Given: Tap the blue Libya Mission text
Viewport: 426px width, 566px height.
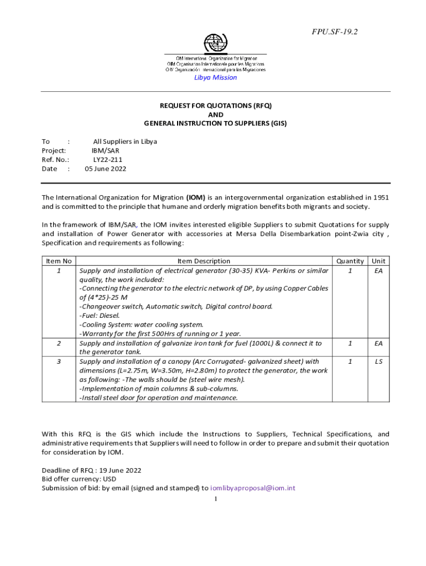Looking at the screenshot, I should point(215,77).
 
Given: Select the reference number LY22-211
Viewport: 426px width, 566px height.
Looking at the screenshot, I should point(104,160).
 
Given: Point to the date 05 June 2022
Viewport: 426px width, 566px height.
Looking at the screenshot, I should point(105,169).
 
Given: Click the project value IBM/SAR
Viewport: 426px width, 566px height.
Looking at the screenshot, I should point(105,150).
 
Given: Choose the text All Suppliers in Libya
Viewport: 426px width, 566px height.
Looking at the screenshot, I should point(125,141).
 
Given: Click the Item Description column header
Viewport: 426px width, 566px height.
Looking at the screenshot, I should point(204,261).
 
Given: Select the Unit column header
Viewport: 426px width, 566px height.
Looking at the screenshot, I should point(378,261).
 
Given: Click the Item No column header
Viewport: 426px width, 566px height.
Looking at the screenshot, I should point(59,261).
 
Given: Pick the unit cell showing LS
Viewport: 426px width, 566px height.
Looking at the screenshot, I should point(378,361).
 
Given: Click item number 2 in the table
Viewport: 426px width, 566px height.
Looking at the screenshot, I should point(59,343).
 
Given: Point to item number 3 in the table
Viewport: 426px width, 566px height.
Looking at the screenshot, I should point(59,361).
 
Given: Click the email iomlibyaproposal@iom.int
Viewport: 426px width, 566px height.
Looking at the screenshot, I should point(253,488).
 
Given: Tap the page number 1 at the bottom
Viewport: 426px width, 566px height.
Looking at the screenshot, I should point(216,499).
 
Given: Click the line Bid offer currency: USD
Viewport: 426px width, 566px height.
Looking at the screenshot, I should point(79,479).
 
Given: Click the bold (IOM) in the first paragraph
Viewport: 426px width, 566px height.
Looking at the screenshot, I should point(196,197).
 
